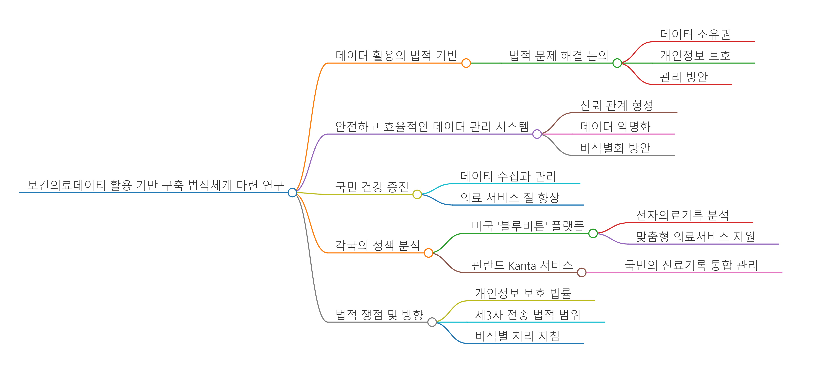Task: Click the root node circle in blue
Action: tap(292, 193)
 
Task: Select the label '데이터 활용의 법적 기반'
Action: tap(396, 55)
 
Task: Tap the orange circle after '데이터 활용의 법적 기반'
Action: tap(466, 63)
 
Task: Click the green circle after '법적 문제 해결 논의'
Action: tap(617, 63)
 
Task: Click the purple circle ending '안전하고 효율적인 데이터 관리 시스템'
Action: tap(537, 134)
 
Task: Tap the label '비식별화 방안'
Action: tap(615, 148)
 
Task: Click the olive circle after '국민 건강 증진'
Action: tap(417, 194)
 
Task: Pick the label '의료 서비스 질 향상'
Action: tap(510, 197)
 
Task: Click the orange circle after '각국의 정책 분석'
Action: tap(428, 253)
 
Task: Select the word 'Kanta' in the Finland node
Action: tap(522, 265)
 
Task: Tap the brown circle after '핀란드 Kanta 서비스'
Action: tap(582, 272)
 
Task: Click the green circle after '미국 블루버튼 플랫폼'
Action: tap(593, 233)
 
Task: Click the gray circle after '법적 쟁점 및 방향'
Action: tap(432, 322)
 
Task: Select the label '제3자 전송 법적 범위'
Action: tap(528, 315)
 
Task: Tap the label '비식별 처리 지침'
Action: tap(517, 336)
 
